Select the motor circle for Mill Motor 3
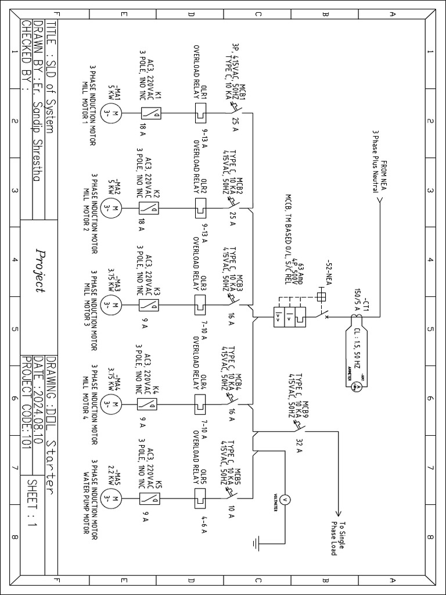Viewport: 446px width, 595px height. click(114, 303)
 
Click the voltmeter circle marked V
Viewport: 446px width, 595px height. click(285, 499)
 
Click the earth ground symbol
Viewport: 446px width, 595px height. click(257, 544)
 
